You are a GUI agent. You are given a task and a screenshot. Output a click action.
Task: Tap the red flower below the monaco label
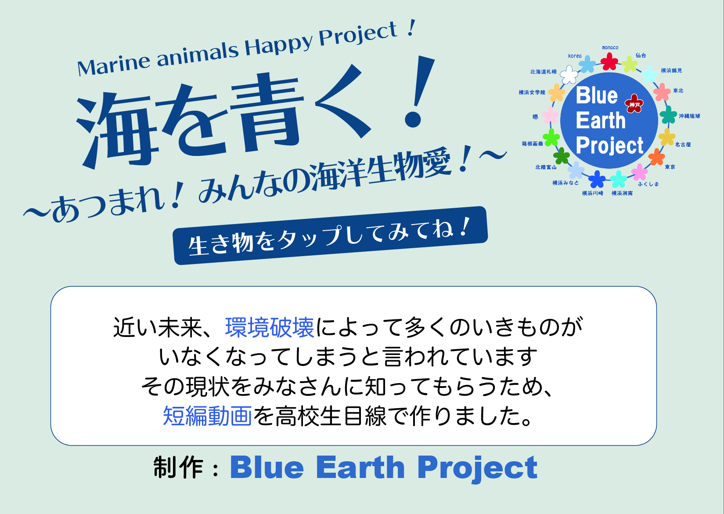[609, 61]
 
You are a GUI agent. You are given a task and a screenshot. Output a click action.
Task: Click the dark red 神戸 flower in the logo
[634, 104]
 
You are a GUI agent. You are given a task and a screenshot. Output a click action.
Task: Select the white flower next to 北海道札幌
[569, 75]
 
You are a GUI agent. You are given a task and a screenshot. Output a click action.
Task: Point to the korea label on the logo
[574, 56]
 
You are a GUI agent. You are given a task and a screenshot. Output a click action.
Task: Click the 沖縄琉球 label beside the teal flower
[689, 116]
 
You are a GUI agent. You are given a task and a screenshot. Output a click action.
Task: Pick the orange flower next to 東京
[656, 157]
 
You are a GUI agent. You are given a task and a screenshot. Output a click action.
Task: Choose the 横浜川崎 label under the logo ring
[593, 193]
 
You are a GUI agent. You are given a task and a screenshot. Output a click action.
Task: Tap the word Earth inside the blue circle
[600, 120]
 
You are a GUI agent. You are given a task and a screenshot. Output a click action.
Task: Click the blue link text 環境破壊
[270, 327]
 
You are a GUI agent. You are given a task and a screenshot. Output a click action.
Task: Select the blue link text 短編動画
[207, 416]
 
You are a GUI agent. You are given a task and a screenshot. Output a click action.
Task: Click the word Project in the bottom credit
[477, 468]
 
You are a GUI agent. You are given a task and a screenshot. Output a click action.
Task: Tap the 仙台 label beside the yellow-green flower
[641, 55]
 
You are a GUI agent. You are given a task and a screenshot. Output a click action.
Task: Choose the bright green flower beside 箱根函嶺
[551, 137]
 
